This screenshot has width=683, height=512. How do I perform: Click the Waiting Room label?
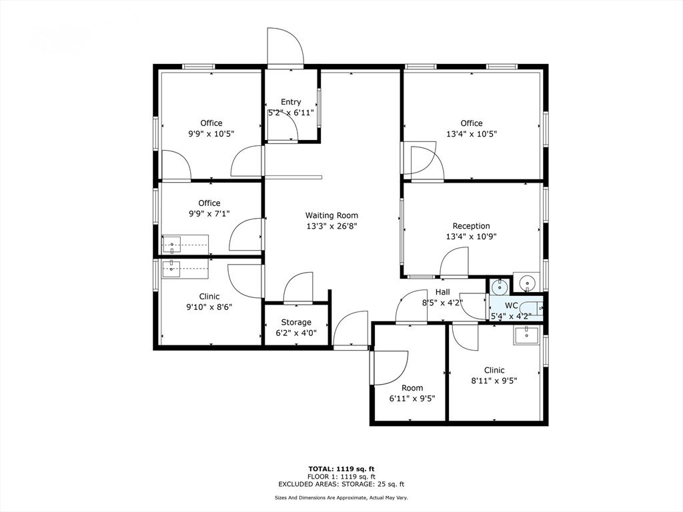tap(331, 215)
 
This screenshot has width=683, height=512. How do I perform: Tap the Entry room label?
tap(291, 102)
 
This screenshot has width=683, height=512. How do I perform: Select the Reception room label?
tap(472, 226)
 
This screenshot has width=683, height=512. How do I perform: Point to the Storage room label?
tap(296, 322)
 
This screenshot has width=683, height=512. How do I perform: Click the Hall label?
tap(443, 292)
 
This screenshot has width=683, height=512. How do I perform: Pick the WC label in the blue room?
tap(512, 305)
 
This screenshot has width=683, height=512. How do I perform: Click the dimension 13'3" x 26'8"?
tap(331, 226)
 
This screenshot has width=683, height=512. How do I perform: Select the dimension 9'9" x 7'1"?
tap(209, 213)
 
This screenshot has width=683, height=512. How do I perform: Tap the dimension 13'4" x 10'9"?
tap(472, 237)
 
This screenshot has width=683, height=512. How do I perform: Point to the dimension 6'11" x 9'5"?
tap(412, 398)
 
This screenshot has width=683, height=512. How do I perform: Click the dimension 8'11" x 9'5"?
tap(494, 381)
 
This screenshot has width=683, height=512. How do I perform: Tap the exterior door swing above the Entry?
tap(285, 47)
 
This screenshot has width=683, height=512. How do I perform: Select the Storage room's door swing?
tap(298, 287)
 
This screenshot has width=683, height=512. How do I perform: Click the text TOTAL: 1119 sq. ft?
tap(341, 469)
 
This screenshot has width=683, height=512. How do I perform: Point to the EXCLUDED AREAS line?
tap(341, 484)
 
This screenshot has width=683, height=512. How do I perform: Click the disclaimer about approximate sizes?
tap(341, 497)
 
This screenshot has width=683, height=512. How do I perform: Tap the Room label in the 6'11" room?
tap(412, 387)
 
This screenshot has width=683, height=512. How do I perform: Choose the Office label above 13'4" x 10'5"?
tap(472, 123)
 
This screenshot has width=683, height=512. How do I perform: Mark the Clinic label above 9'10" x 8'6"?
tap(209, 297)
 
